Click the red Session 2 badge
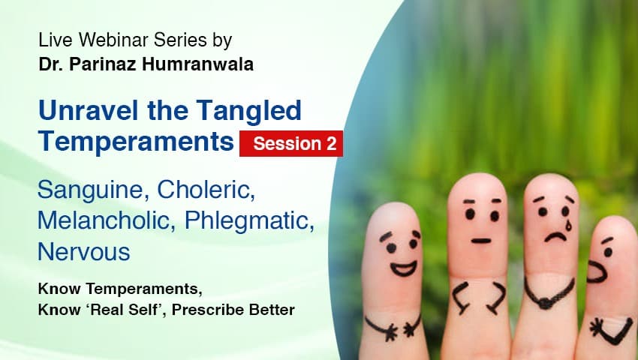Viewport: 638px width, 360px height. coord(291,142)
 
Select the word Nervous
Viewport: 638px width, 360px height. coord(83,252)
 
